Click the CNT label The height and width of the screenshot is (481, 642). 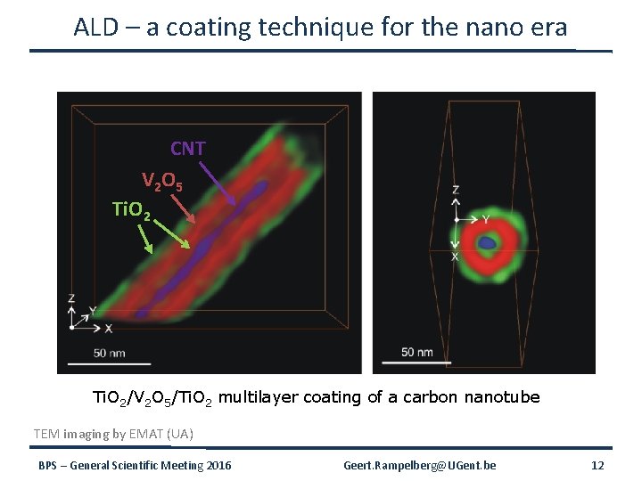[188, 148]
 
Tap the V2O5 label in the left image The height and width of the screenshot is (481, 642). [162, 183]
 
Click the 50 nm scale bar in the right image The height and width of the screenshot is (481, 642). [401, 361]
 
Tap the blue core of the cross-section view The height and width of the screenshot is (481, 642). [488, 242]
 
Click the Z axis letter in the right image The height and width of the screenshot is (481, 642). [456, 191]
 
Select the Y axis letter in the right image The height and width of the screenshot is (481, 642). [486, 219]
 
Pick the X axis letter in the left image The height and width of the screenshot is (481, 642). [108, 329]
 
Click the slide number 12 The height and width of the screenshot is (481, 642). [597, 466]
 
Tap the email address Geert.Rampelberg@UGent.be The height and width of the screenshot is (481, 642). [420, 466]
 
